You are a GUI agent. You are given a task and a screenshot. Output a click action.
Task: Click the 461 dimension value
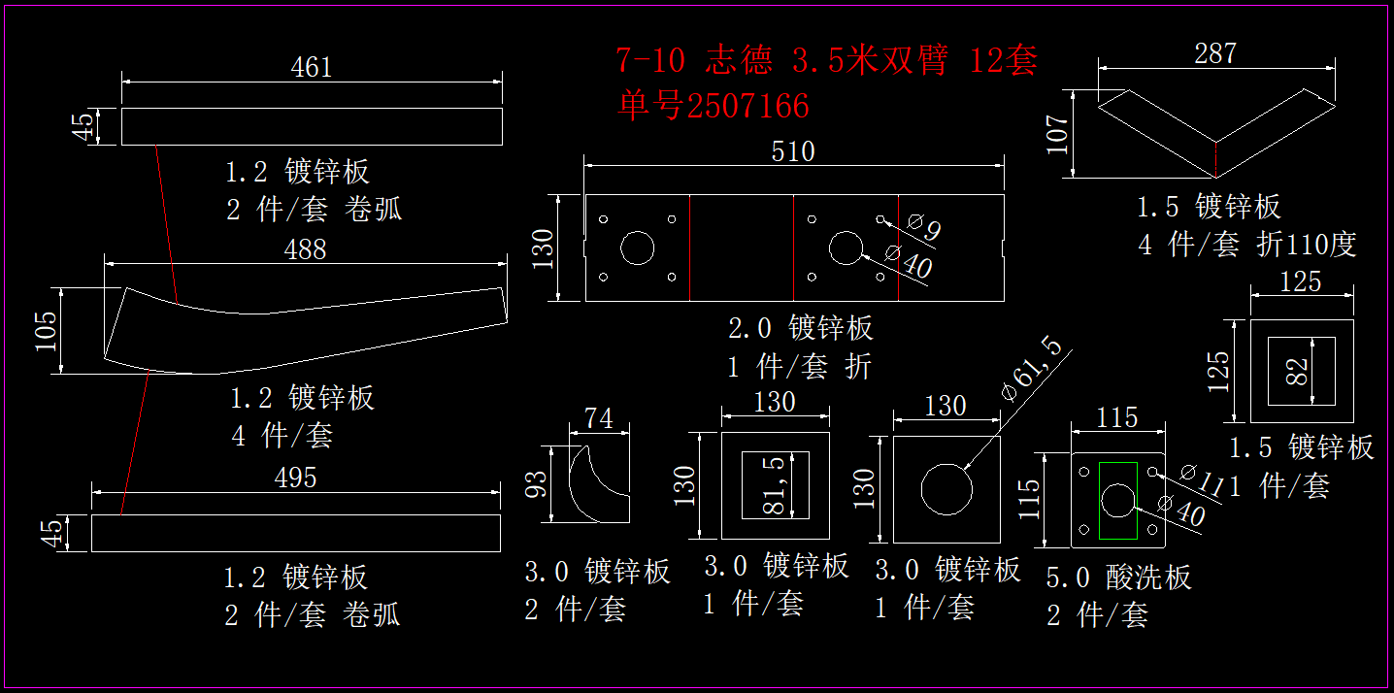(x=312, y=67)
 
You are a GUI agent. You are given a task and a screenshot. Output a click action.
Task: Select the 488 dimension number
(x=305, y=249)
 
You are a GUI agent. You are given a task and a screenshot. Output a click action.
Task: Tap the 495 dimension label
(x=296, y=478)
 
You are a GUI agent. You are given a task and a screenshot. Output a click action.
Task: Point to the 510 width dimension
(x=793, y=152)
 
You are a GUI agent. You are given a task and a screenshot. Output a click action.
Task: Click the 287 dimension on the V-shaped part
(x=1215, y=53)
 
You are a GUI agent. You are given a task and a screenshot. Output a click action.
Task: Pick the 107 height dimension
(x=1058, y=134)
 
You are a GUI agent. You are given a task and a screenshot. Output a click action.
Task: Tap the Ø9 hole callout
(x=923, y=227)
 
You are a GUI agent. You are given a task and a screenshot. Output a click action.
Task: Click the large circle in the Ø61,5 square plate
(x=946, y=488)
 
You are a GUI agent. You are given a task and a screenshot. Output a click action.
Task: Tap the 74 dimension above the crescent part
(x=599, y=418)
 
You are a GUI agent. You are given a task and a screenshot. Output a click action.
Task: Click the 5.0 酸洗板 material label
(x=1118, y=577)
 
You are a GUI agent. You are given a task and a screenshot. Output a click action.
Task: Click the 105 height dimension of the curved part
(x=46, y=330)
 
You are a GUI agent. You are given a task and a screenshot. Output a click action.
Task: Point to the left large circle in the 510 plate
(x=638, y=247)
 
